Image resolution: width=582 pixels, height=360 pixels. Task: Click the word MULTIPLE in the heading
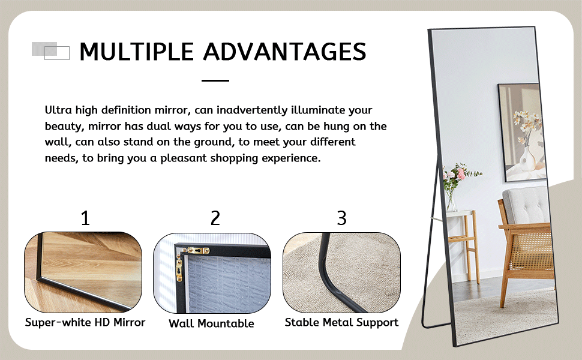[137, 52]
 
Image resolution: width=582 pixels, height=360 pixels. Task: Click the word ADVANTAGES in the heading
[284, 52]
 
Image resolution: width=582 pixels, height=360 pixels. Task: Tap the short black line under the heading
[215, 80]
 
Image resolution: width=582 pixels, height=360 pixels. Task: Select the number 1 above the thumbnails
[85, 218]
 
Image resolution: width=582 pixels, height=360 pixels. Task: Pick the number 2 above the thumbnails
[215, 218]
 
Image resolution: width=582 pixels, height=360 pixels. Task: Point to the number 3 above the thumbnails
[341, 218]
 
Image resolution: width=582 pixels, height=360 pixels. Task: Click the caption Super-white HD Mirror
[85, 322]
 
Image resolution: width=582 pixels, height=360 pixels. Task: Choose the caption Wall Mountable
[211, 323]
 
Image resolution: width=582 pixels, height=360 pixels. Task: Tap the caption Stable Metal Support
[341, 322]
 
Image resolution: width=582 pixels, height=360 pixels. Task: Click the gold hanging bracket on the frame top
[196, 250]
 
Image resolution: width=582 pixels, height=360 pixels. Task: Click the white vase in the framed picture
[527, 159]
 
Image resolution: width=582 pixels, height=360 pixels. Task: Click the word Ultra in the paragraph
[58, 110]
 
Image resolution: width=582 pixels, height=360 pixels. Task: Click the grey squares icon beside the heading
[50, 51]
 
